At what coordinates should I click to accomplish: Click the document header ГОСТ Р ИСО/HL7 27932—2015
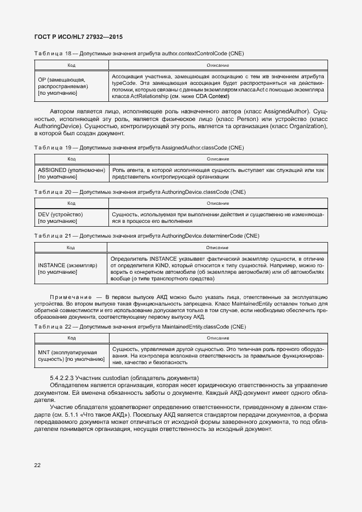click(79, 37)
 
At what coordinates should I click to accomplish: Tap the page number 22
click(38, 465)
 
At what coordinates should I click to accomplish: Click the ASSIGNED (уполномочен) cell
click(71, 174)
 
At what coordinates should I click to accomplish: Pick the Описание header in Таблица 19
click(218, 159)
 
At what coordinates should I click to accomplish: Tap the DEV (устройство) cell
click(60, 218)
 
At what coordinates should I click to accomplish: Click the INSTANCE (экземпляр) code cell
click(67, 268)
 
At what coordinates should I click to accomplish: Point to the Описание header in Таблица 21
click(217, 248)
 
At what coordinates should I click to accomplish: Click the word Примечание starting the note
click(69, 296)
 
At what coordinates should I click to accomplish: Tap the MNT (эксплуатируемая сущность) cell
click(71, 356)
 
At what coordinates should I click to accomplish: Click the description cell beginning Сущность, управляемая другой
click(217, 355)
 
